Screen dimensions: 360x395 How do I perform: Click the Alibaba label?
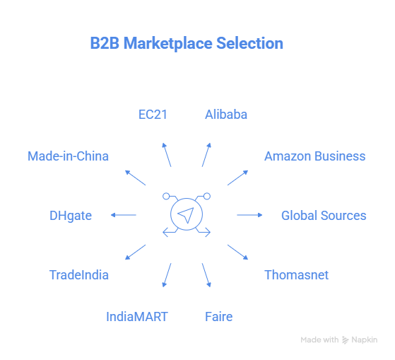(226, 114)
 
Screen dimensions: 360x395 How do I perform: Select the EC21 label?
(153, 114)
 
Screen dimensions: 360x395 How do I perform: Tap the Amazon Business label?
(314, 156)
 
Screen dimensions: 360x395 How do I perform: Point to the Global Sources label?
(324, 215)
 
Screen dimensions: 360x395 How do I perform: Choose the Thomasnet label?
(296, 274)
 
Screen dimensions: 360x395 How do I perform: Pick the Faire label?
(218, 316)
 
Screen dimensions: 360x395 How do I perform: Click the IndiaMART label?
(137, 316)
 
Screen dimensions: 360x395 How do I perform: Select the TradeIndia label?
(78, 274)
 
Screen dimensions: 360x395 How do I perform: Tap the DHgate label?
(71, 215)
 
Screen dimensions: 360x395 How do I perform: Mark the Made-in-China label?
(68, 156)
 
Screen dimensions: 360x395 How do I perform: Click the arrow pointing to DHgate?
(124, 215)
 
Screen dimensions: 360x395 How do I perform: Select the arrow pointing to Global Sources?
(249, 215)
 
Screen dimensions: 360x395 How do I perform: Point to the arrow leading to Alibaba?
(206, 154)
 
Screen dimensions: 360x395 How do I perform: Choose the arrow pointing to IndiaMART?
(167, 275)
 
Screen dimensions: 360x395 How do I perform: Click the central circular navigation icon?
(187, 215)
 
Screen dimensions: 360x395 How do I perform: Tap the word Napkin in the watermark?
(365, 340)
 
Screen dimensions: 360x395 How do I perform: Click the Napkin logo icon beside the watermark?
(346, 340)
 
